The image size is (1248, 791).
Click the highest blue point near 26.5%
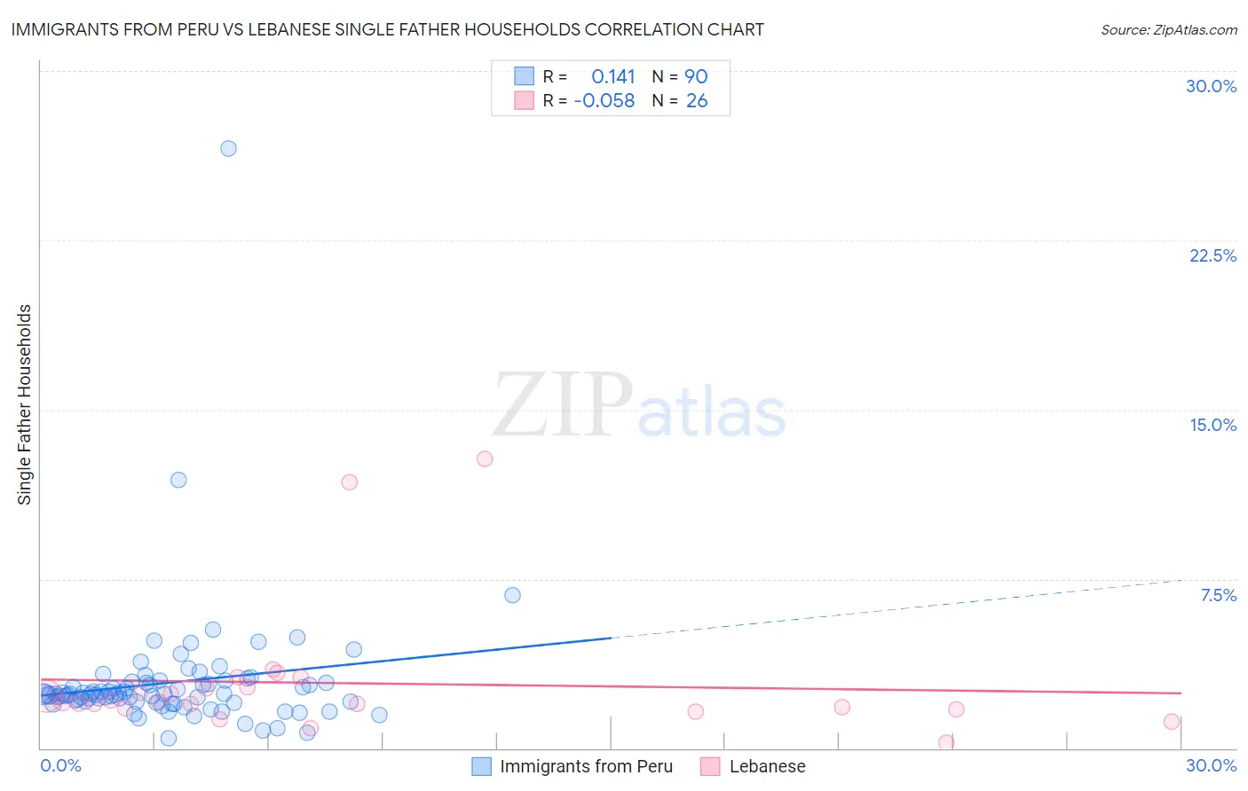(228, 149)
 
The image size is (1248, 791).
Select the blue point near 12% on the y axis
(178, 480)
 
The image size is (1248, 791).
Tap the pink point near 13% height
(485, 458)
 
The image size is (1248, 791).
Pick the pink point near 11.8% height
(350, 482)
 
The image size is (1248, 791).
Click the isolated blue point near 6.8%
(512, 595)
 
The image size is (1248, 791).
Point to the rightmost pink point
(1172, 722)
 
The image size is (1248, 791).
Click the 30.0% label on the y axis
(1211, 86)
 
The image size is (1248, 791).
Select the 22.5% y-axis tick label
(1212, 255)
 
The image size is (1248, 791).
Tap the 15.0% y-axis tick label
(1212, 425)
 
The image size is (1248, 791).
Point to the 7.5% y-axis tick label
(1218, 595)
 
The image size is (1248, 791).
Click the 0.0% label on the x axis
(61, 765)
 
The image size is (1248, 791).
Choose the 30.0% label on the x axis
(1211, 765)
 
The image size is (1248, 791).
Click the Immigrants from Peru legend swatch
(482, 767)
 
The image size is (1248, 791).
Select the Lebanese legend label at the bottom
(767, 767)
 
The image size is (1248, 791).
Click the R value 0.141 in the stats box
(613, 76)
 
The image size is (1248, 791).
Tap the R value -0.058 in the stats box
(604, 101)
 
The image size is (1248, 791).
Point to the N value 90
(696, 76)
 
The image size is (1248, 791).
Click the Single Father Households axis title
(24, 404)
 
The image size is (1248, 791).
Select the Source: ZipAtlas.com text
(1168, 30)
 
